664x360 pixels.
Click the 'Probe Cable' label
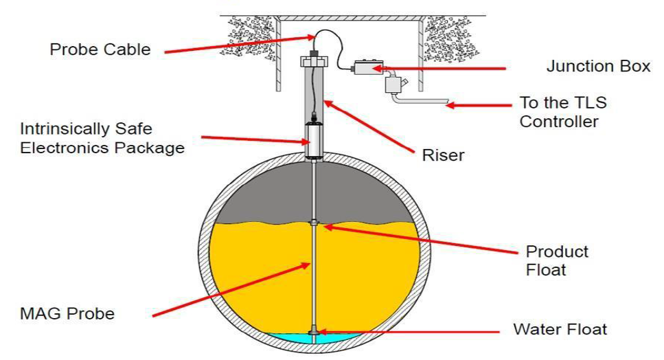tap(100, 50)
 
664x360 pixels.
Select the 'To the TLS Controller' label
tap(564, 113)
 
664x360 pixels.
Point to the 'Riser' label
tap(443, 155)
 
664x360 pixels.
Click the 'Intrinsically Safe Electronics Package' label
tap(102, 137)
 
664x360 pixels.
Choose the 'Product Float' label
tap(557, 260)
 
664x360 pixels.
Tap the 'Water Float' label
tap(560, 329)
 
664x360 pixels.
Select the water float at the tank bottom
tap(314, 333)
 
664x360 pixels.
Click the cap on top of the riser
tap(314, 61)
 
